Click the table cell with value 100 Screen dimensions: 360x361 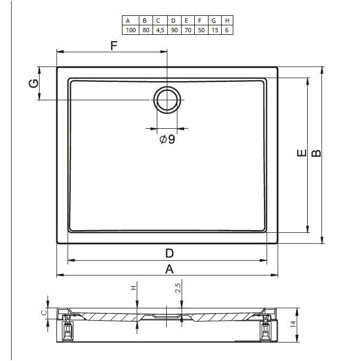[x=130, y=30]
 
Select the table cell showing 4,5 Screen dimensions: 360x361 [x=160, y=30]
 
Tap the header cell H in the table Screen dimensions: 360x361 [x=227, y=21]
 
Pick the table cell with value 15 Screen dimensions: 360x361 [x=215, y=30]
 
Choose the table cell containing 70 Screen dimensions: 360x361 [x=188, y=30]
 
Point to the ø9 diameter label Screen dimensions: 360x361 [x=167, y=139]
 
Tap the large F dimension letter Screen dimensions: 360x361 [x=114, y=45]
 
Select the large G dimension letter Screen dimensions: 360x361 [x=34, y=83]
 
